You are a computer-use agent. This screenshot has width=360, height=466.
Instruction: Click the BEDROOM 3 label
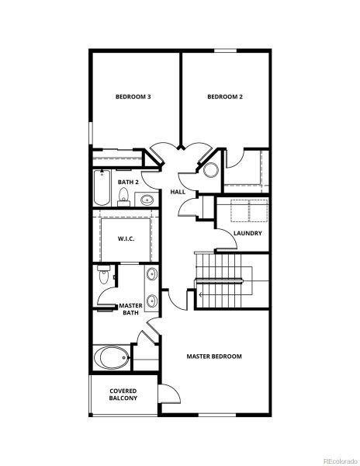click(x=133, y=97)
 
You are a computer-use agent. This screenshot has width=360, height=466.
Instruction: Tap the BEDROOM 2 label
click(x=225, y=97)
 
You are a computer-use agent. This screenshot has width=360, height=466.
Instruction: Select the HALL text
click(x=176, y=192)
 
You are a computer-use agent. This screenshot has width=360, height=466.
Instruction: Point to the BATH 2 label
click(x=128, y=182)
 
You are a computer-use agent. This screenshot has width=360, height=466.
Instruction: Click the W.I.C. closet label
click(x=126, y=238)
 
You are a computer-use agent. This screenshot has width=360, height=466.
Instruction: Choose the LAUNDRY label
click(x=247, y=233)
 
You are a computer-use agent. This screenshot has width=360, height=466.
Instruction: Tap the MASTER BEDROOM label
click(x=214, y=356)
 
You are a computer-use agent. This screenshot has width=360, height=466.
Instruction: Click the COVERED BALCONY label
click(x=123, y=395)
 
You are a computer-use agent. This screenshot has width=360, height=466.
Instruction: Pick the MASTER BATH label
click(x=130, y=309)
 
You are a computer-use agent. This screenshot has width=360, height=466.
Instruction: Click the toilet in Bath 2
click(x=123, y=200)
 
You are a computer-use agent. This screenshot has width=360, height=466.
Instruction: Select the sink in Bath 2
click(x=148, y=200)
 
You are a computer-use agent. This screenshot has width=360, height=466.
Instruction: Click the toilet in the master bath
click(x=104, y=276)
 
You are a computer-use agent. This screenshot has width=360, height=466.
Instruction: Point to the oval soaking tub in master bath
click(x=111, y=358)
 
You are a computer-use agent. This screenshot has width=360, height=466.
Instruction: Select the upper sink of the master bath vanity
click(x=151, y=274)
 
